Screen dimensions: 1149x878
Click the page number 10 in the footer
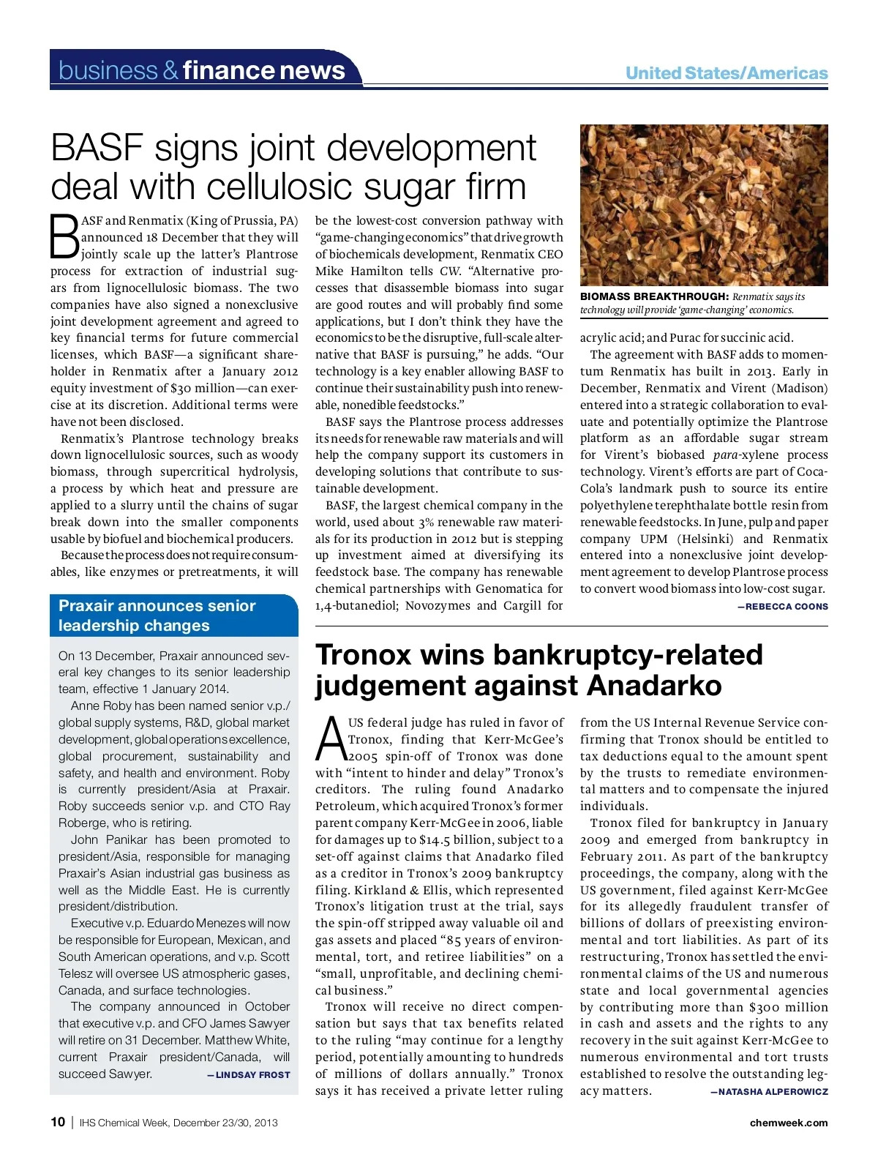(x=58, y=1122)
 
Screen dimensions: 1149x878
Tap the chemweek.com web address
(x=789, y=1123)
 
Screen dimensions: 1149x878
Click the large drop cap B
(x=64, y=236)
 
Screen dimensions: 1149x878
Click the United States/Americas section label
(x=727, y=73)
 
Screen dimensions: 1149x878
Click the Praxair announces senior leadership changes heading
(x=157, y=615)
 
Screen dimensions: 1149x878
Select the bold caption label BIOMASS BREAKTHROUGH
(x=654, y=296)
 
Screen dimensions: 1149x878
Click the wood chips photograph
(x=704, y=205)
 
